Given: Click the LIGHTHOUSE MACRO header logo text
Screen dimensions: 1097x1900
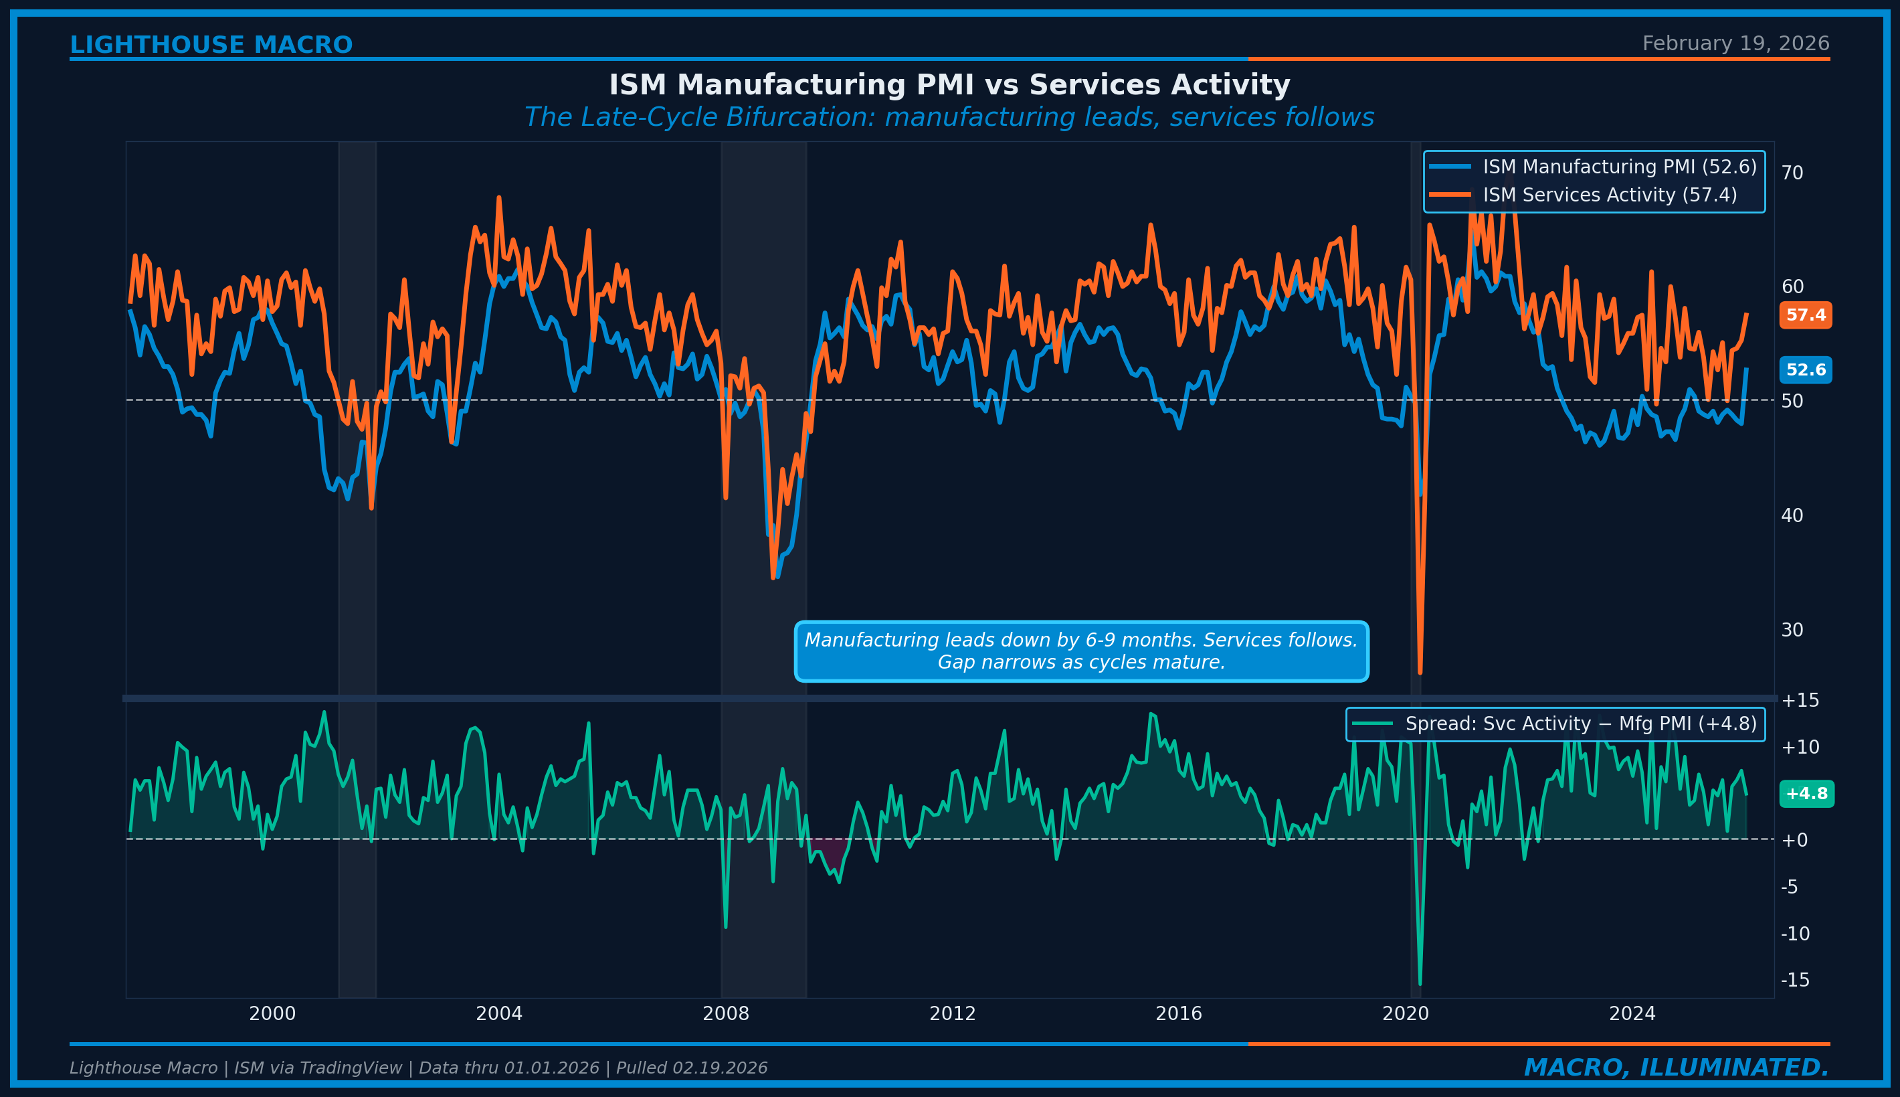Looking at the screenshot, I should [211, 46].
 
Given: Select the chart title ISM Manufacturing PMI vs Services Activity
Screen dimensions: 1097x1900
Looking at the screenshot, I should [949, 85].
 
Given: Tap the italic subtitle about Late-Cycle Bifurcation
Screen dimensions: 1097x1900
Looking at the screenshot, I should [949, 118].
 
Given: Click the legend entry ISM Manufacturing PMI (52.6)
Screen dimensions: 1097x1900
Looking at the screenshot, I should [1619, 167].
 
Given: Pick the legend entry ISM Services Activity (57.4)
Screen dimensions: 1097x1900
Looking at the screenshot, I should [1610, 195].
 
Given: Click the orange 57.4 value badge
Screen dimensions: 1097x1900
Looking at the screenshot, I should [1805, 315].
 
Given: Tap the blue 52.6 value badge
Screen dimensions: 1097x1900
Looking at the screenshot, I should [1805, 370].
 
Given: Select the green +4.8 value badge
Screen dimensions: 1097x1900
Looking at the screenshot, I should [1806, 793].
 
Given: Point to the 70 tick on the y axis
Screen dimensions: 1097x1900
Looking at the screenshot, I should [1792, 173].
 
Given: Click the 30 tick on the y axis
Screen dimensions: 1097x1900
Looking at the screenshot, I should [1792, 630].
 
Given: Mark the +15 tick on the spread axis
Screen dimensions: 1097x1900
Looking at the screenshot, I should [1799, 701].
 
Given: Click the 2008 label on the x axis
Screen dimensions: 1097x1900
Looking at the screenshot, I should [725, 1014].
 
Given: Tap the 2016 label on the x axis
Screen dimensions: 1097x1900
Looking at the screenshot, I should [1179, 1014].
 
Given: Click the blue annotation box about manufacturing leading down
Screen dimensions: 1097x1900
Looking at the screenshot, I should [1080, 651].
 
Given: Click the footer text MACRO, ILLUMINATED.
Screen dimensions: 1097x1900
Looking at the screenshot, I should [1677, 1068].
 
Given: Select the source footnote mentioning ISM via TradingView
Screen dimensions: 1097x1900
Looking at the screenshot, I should [418, 1068].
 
